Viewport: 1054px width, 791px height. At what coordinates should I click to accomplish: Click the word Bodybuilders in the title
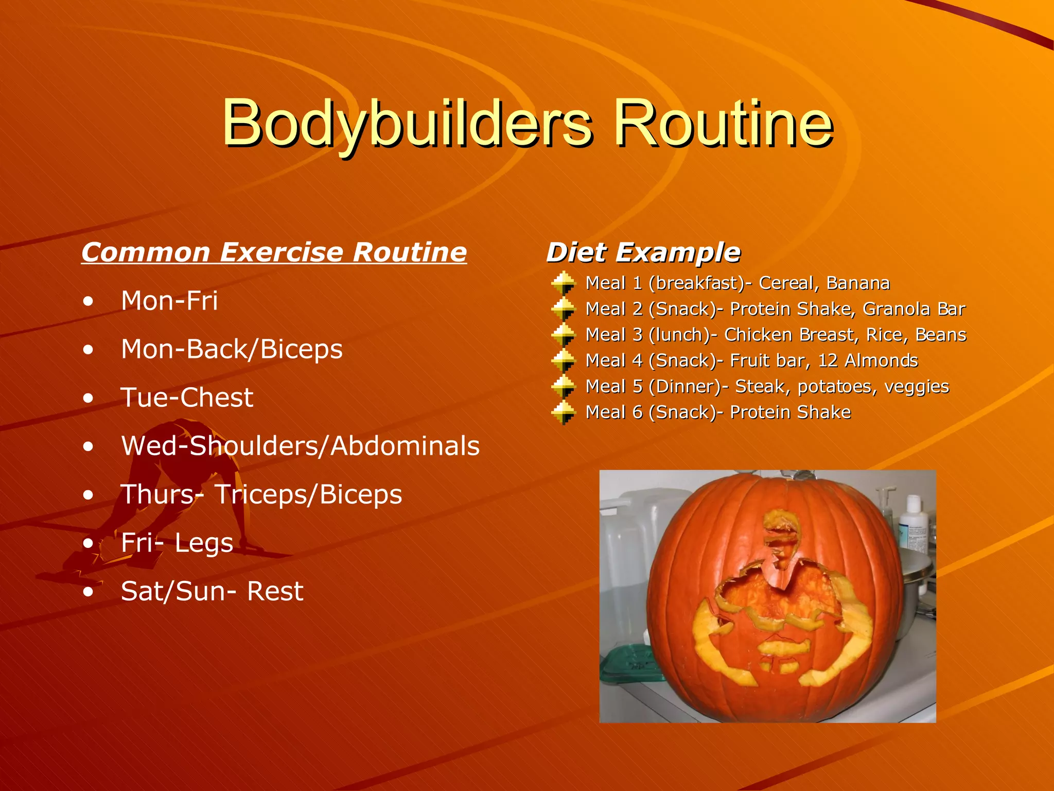click(407, 124)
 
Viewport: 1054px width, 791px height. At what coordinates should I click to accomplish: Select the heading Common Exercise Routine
click(274, 252)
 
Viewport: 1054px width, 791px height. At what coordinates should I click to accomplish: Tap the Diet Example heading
click(643, 252)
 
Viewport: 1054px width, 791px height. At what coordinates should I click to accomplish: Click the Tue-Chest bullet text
click(187, 398)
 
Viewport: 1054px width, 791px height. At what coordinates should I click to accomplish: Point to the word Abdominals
click(405, 446)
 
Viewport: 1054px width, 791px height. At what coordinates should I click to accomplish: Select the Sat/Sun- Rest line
click(212, 591)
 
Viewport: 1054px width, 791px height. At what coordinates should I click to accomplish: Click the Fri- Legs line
click(177, 543)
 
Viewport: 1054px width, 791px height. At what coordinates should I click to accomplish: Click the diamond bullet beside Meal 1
click(563, 283)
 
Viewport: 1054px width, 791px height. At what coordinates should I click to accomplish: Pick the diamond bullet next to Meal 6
click(563, 412)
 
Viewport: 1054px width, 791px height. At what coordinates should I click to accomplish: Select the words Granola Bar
click(914, 309)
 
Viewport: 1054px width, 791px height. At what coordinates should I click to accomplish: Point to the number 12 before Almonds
click(828, 360)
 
